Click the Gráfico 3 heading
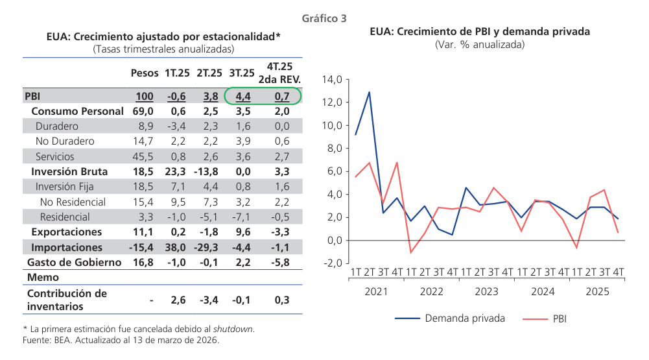click(324, 19)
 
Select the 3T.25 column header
click(242, 73)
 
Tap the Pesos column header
click(144, 73)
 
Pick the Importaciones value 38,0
click(175, 247)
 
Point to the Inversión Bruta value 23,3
click(175, 172)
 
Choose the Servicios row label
click(55, 156)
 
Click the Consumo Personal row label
click(77, 112)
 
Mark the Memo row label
click(43, 277)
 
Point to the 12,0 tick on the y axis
click(331, 102)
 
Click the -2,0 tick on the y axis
click(331, 263)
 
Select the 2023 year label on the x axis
click(487, 291)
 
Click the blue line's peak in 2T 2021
click(370, 92)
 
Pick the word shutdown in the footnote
click(235, 329)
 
